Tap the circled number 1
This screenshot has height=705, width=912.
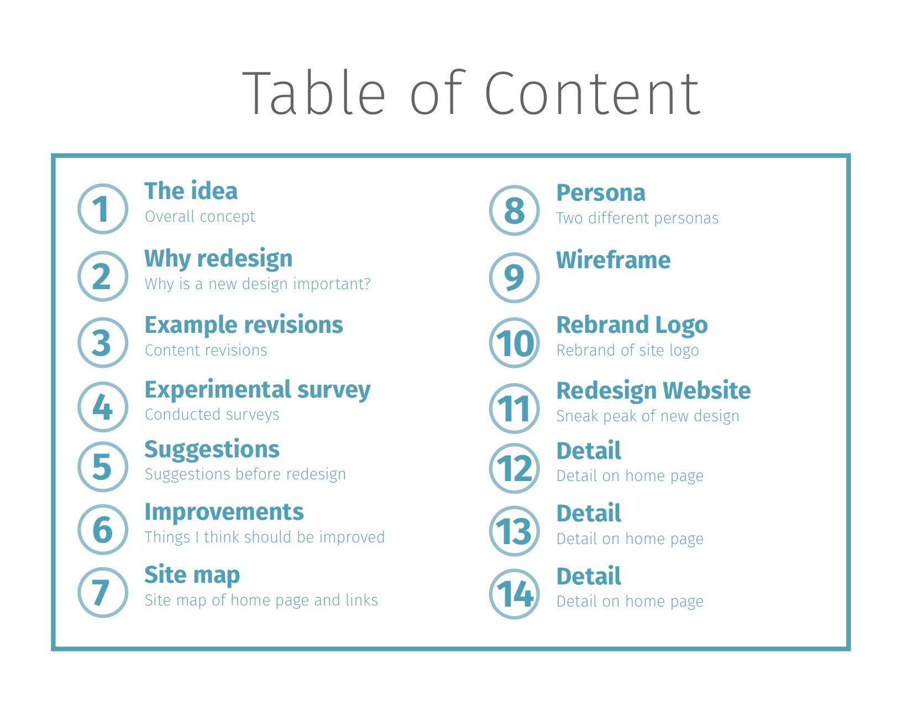coord(103,209)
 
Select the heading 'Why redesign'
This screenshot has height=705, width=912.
coord(218,258)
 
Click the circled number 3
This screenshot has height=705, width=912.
coord(103,342)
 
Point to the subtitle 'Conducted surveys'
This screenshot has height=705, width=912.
coord(212,415)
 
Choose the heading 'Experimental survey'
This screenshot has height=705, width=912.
coord(257,390)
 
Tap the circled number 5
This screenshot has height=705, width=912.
coord(103,466)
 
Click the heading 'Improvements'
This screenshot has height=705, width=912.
coord(224,512)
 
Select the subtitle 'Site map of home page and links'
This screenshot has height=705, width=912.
coord(261,600)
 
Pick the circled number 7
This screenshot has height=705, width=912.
coord(103,592)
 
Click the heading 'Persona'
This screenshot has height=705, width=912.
coord(600,193)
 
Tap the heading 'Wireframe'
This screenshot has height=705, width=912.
coord(613,260)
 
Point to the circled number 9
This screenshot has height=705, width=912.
coord(514,277)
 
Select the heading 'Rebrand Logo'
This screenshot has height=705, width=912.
coord(632,325)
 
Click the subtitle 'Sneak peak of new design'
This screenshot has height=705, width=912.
coord(647,416)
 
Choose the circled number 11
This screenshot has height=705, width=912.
coord(514,409)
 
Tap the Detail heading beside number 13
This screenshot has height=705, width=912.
coord(588,513)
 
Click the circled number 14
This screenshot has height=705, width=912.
coord(514,594)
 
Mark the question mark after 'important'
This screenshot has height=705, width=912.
coord(365,284)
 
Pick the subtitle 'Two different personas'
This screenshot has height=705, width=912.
coord(637,218)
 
